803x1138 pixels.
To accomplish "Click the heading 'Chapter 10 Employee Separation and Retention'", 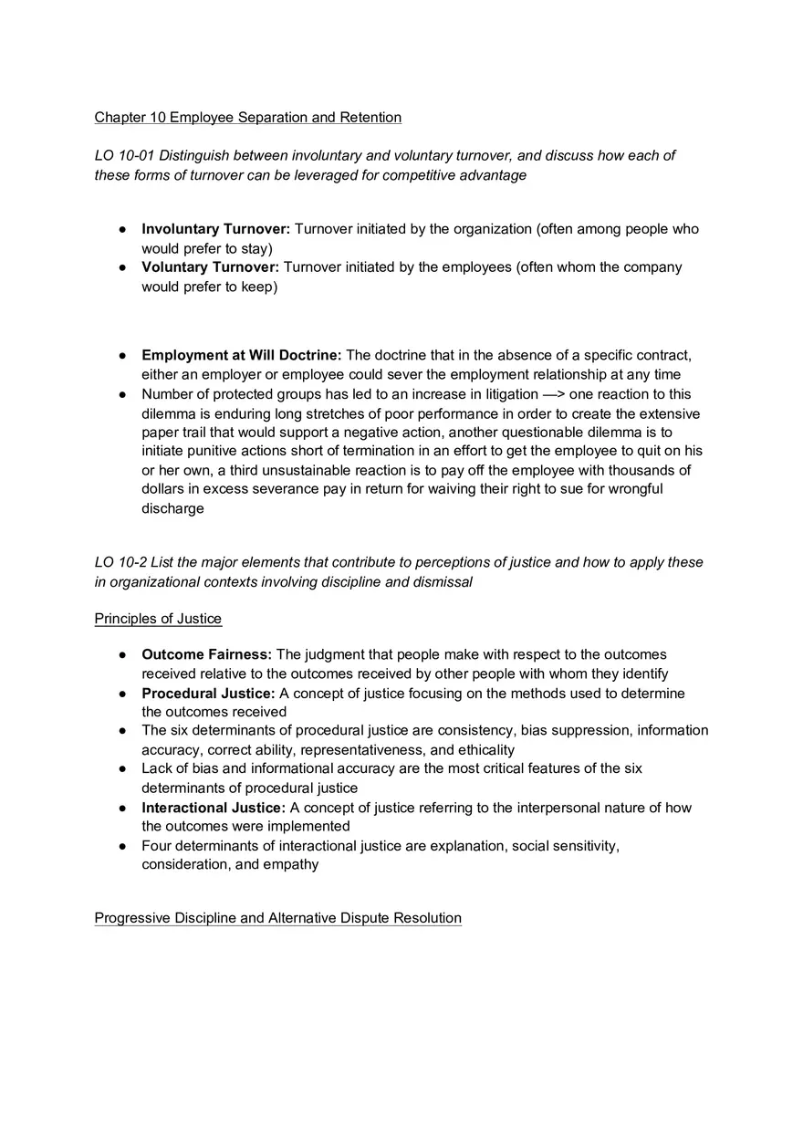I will [x=247, y=118].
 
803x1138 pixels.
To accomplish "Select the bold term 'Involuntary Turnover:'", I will [x=215, y=229].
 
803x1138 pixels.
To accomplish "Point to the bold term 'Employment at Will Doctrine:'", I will [x=241, y=355].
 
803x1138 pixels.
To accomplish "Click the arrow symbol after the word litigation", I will [x=553, y=394].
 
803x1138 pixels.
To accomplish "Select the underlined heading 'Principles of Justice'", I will [x=158, y=619].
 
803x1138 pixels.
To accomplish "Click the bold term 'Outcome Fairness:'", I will [x=206, y=654].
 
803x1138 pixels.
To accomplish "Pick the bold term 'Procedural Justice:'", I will [x=208, y=694].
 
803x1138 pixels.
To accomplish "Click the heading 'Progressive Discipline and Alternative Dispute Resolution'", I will [x=277, y=918].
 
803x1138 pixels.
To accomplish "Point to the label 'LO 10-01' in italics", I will [x=124, y=156].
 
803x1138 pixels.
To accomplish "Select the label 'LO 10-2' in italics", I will [x=120, y=562].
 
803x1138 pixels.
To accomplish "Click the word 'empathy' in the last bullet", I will [x=291, y=864].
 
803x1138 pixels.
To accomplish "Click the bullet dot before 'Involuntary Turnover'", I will [x=122, y=230].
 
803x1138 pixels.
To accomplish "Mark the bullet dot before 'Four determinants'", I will [x=122, y=847].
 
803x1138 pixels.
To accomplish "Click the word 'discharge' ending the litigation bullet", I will [x=172, y=508].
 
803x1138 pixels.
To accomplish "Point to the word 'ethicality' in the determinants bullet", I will [x=482, y=750].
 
